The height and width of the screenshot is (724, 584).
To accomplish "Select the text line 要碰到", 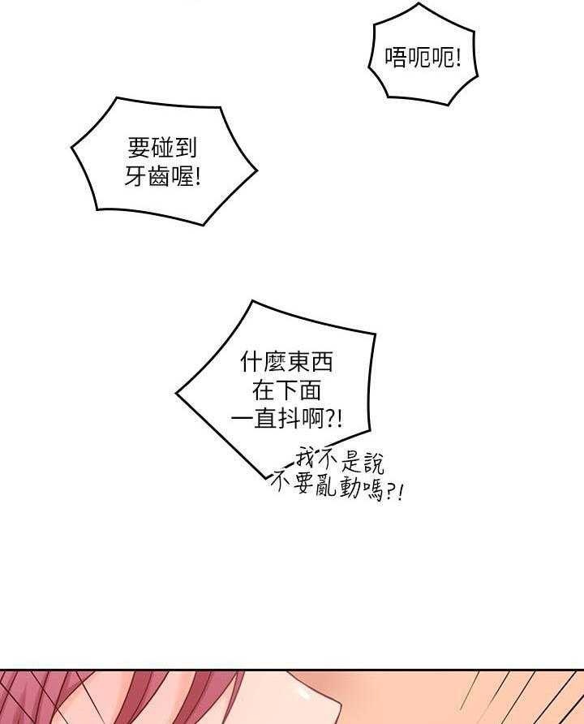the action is click(x=162, y=148).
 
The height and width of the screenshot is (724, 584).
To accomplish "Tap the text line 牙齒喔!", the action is click(x=162, y=176).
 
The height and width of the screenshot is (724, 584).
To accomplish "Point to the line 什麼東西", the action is click(x=288, y=361).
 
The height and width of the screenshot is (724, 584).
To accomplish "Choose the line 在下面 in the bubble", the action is click(x=286, y=390).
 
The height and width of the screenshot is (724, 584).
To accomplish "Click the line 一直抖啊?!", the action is click(x=287, y=419).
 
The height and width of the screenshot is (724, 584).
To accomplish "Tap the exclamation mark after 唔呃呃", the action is click(x=457, y=58).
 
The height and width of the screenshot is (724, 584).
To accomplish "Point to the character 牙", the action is click(x=135, y=176).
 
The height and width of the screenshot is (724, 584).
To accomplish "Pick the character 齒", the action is click(x=161, y=176).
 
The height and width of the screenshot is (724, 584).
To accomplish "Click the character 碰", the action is click(x=162, y=148).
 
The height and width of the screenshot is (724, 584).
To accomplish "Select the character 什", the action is click(x=251, y=361).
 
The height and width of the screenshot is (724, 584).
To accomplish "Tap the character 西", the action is click(x=323, y=361).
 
